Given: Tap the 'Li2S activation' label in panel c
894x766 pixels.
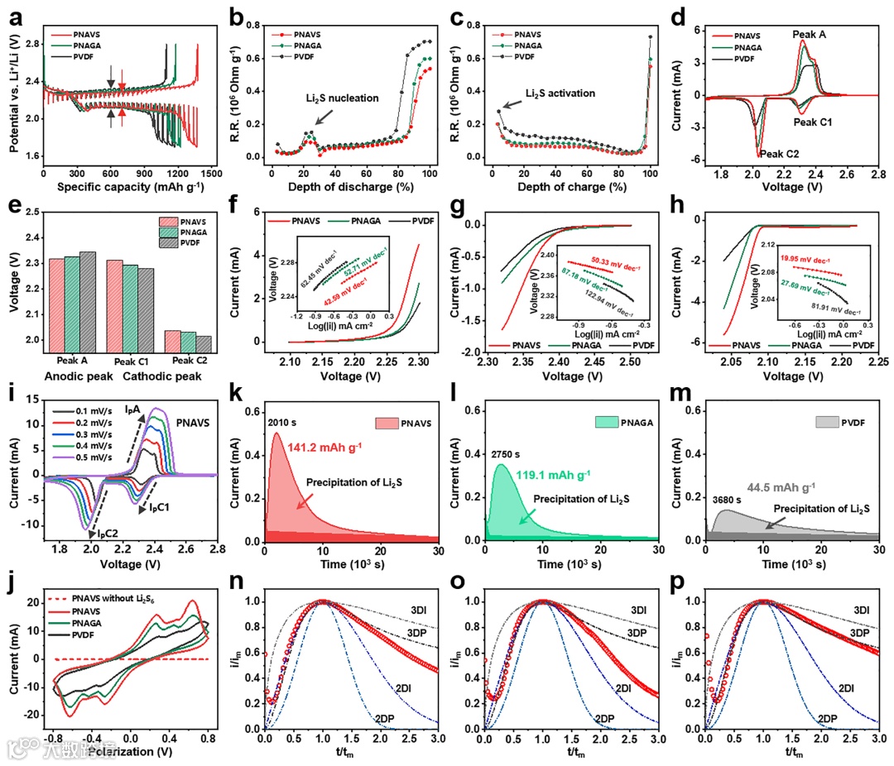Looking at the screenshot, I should pos(560,93).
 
